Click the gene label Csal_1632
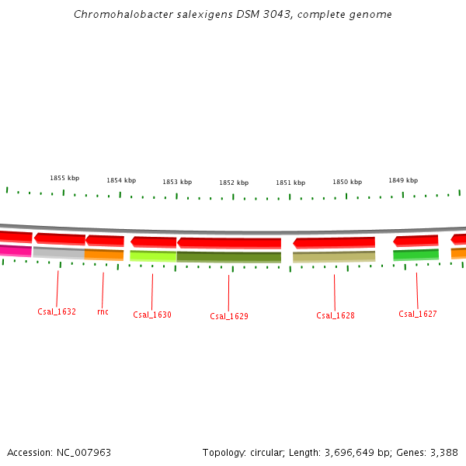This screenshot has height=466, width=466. [x=57, y=311]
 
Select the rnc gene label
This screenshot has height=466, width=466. [x=103, y=311]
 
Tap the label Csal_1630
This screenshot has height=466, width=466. [x=152, y=315]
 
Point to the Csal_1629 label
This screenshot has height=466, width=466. [x=229, y=316]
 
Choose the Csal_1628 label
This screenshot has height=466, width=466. [x=336, y=315]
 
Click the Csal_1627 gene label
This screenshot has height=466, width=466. [x=418, y=314]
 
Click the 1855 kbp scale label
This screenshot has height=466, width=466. [x=64, y=178]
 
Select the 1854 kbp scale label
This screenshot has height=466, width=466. [x=121, y=180]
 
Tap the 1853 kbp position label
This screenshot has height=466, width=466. [x=177, y=182]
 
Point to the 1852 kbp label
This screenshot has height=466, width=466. [x=234, y=183]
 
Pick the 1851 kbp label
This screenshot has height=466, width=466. [x=290, y=183]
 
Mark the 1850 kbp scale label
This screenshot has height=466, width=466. [x=347, y=182]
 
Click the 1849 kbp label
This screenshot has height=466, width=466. [x=403, y=180]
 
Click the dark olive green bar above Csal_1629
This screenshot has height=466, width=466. [x=229, y=257]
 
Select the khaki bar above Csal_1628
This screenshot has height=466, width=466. [x=334, y=256]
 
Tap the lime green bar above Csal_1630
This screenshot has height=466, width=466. [x=153, y=256]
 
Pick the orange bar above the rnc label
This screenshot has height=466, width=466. [x=104, y=254]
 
